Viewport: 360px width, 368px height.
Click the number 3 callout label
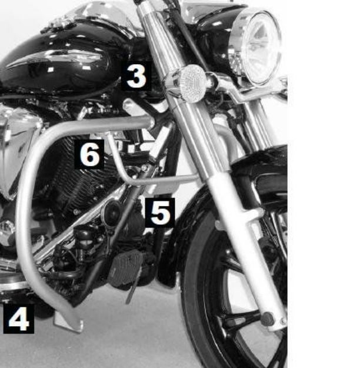(x=136, y=77)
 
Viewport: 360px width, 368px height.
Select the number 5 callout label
(x=159, y=213)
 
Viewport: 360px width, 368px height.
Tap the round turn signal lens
(x=188, y=82)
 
